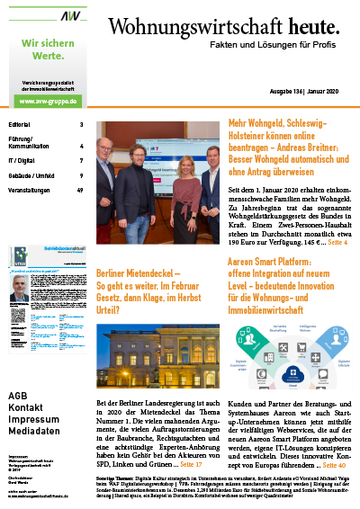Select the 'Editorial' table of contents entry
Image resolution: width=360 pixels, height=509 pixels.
coord(20,124)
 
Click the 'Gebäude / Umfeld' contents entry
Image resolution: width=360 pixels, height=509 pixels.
coord(31,175)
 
